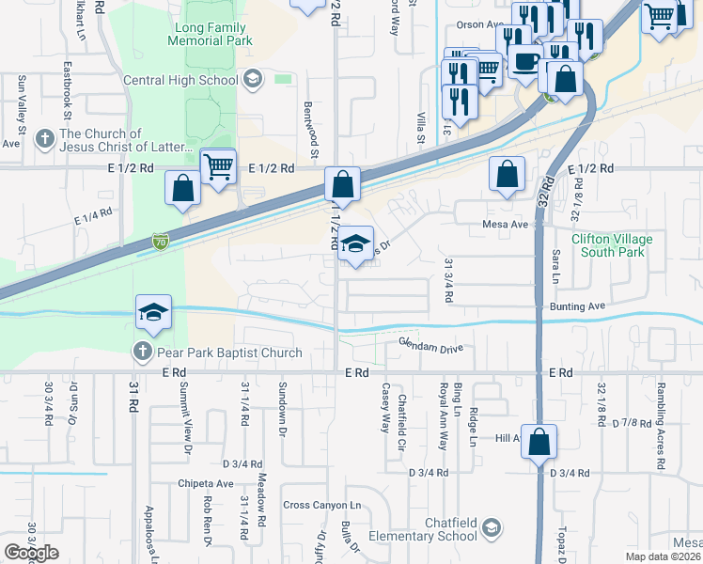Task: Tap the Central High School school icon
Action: [252, 80]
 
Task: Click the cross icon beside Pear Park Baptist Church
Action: [142, 352]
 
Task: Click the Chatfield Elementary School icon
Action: [492, 529]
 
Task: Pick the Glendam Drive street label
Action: [431, 348]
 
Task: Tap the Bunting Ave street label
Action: [577, 306]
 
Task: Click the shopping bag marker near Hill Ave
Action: [539, 442]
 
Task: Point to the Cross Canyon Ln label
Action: [321, 505]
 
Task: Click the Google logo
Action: [31, 553]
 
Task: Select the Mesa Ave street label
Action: [506, 225]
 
